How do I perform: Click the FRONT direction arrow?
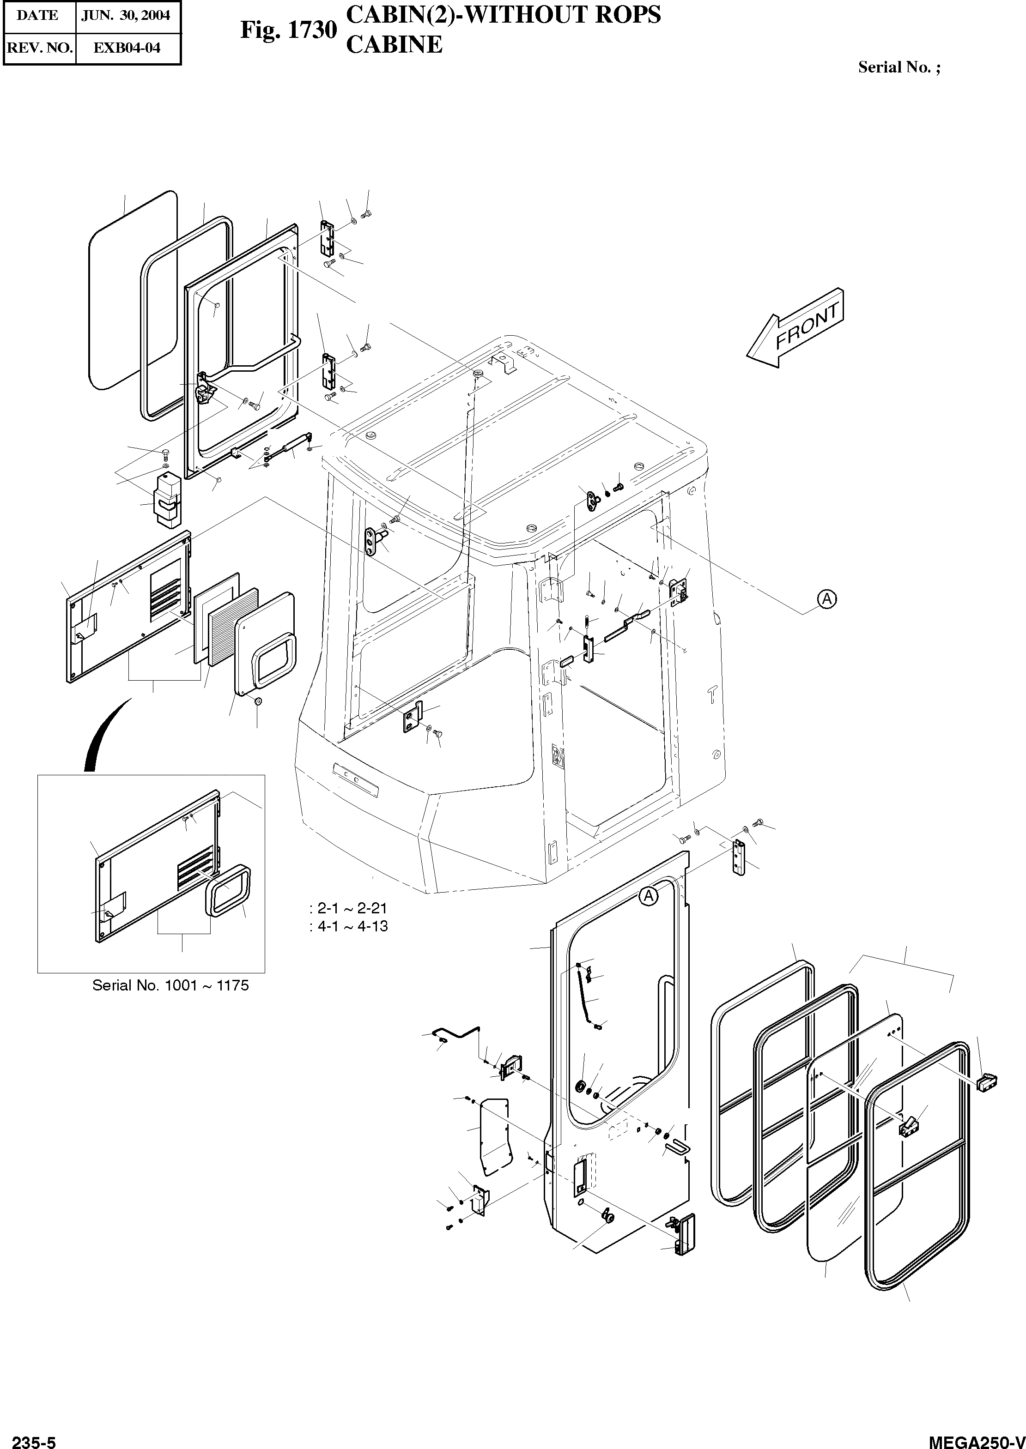pos(795,328)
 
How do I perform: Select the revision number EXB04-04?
pos(127,48)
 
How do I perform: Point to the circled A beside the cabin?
pos(826,598)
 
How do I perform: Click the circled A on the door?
pos(648,895)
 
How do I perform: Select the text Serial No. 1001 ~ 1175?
pos(170,985)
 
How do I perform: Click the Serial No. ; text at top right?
pos(899,67)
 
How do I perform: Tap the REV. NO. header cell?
pos(39,48)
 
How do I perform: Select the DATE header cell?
pos(38,16)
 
